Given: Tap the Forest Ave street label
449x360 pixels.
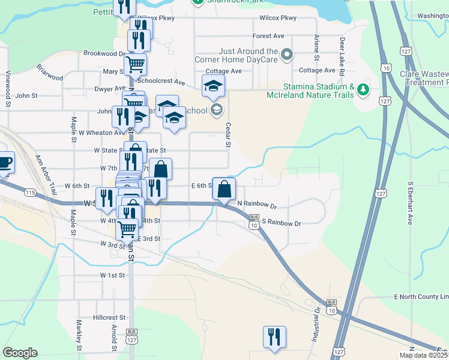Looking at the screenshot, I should [x=268, y=36].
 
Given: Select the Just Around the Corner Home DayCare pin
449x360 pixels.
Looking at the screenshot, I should [x=286, y=56].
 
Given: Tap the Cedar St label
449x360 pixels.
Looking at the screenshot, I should [x=228, y=135].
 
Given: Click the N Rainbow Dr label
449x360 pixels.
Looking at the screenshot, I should [x=256, y=206].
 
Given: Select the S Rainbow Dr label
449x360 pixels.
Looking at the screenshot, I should [x=281, y=223].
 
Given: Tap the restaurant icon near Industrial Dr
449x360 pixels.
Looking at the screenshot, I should [x=274, y=337].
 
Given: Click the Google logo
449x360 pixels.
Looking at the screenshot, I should [x=20, y=353].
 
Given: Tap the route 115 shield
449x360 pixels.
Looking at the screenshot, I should [x=30, y=192].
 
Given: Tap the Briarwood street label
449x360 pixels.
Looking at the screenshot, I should [x=50, y=73].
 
